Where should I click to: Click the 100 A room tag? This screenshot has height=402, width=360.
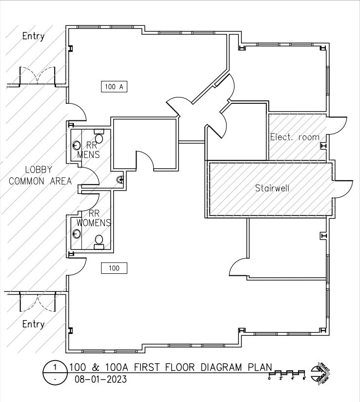[115, 87]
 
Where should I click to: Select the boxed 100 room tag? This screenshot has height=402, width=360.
[114, 268]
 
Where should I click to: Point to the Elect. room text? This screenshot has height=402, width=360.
[295, 137]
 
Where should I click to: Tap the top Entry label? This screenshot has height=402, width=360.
[34, 36]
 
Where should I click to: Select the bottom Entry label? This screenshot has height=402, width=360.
[34, 324]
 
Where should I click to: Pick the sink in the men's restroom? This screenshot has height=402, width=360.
[77, 145]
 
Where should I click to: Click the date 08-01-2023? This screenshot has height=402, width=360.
[100, 379]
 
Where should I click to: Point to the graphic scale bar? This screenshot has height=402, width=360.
[287, 375]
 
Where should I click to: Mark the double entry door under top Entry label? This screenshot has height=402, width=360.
[38, 77]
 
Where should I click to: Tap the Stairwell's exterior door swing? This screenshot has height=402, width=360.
[343, 188]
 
